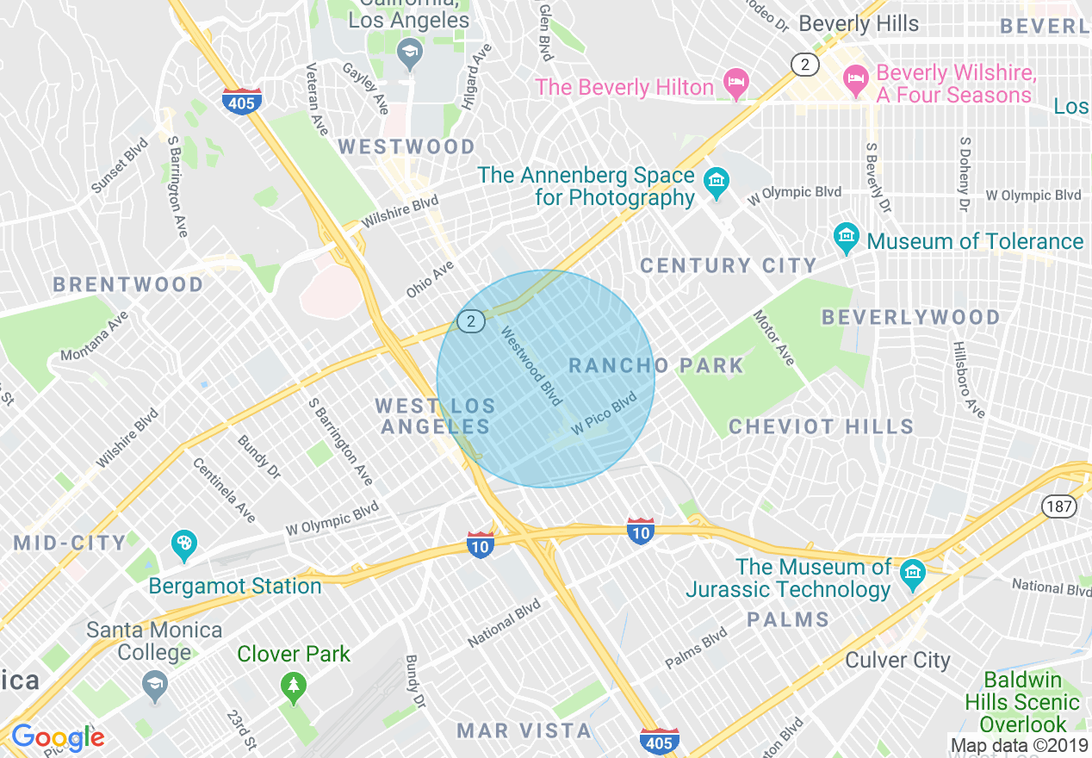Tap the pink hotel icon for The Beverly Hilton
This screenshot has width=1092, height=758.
[x=736, y=84]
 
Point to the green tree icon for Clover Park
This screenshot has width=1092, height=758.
[x=294, y=687]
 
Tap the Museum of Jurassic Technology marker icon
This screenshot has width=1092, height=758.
[x=912, y=573]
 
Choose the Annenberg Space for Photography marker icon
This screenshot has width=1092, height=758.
[x=716, y=182]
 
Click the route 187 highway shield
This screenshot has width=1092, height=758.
[x=1058, y=506]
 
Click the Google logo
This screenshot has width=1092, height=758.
[x=57, y=736]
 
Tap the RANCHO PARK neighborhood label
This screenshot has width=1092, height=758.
[x=656, y=365]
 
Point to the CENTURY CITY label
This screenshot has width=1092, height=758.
[x=728, y=265]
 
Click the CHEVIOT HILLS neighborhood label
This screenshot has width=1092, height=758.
[x=821, y=426]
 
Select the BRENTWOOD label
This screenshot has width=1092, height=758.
[x=128, y=284]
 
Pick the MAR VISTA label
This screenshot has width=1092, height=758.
[x=524, y=731]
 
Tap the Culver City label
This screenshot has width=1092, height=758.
[x=897, y=661]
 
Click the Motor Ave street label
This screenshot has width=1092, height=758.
[x=774, y=338]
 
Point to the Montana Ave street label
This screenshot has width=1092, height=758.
[x=94, y=337]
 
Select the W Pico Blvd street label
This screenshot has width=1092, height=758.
[x=603, y=412]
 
